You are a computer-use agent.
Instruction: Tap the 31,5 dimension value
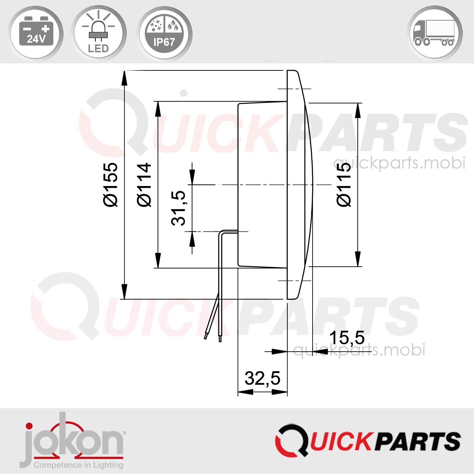tap(179, 208)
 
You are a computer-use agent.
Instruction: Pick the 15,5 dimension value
tap(347, 337)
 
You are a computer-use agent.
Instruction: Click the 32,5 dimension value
tap(262, 378)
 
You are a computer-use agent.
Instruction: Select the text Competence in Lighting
tap(78, 465)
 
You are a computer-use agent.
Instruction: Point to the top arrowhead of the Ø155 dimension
tap(124, 78)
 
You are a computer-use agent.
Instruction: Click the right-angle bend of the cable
tap(221, 232)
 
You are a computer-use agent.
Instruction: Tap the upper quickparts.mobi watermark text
tap(399, 163)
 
